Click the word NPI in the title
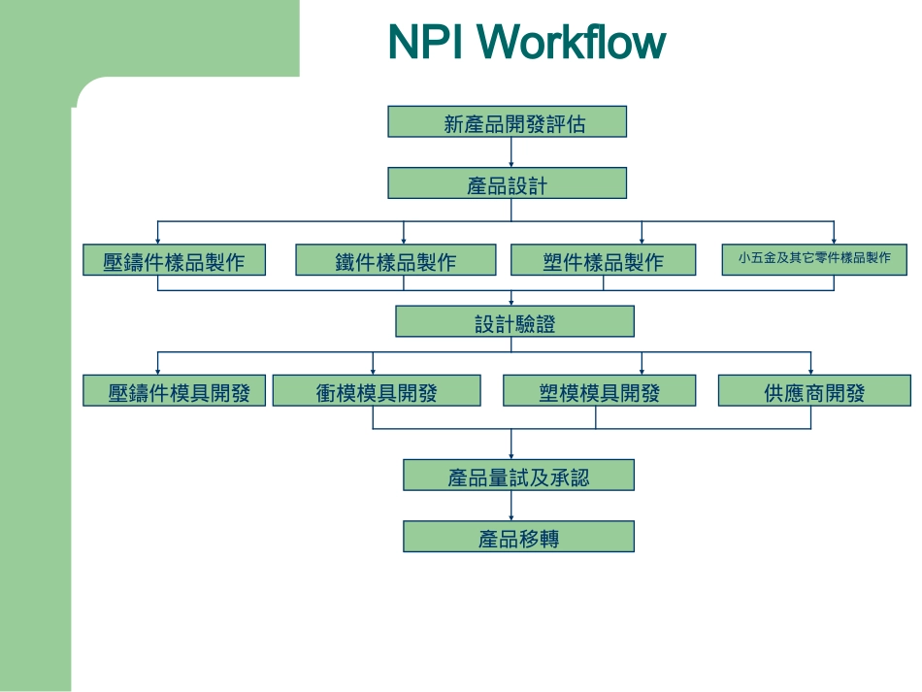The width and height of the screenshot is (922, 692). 426,43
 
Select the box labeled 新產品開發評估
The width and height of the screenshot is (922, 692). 507,122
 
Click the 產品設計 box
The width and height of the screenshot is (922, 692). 507,183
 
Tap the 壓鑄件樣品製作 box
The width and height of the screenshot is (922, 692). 174,260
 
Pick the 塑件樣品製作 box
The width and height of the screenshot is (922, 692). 603,260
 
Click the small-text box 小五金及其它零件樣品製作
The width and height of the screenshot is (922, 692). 813,259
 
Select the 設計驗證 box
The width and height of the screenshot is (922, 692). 514,322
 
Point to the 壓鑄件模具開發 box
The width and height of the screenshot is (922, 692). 174,391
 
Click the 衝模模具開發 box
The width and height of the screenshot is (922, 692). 377,391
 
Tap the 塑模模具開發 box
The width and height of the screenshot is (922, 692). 599,391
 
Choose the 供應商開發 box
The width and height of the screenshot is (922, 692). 814,391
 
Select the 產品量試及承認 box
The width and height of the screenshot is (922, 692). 518,476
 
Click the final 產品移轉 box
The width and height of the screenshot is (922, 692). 518,537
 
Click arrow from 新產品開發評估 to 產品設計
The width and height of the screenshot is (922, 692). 510,152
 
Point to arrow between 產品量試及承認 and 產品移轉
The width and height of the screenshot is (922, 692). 510,506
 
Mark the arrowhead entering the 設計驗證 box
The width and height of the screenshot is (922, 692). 510,303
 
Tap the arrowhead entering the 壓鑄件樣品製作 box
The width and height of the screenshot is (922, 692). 158,240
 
